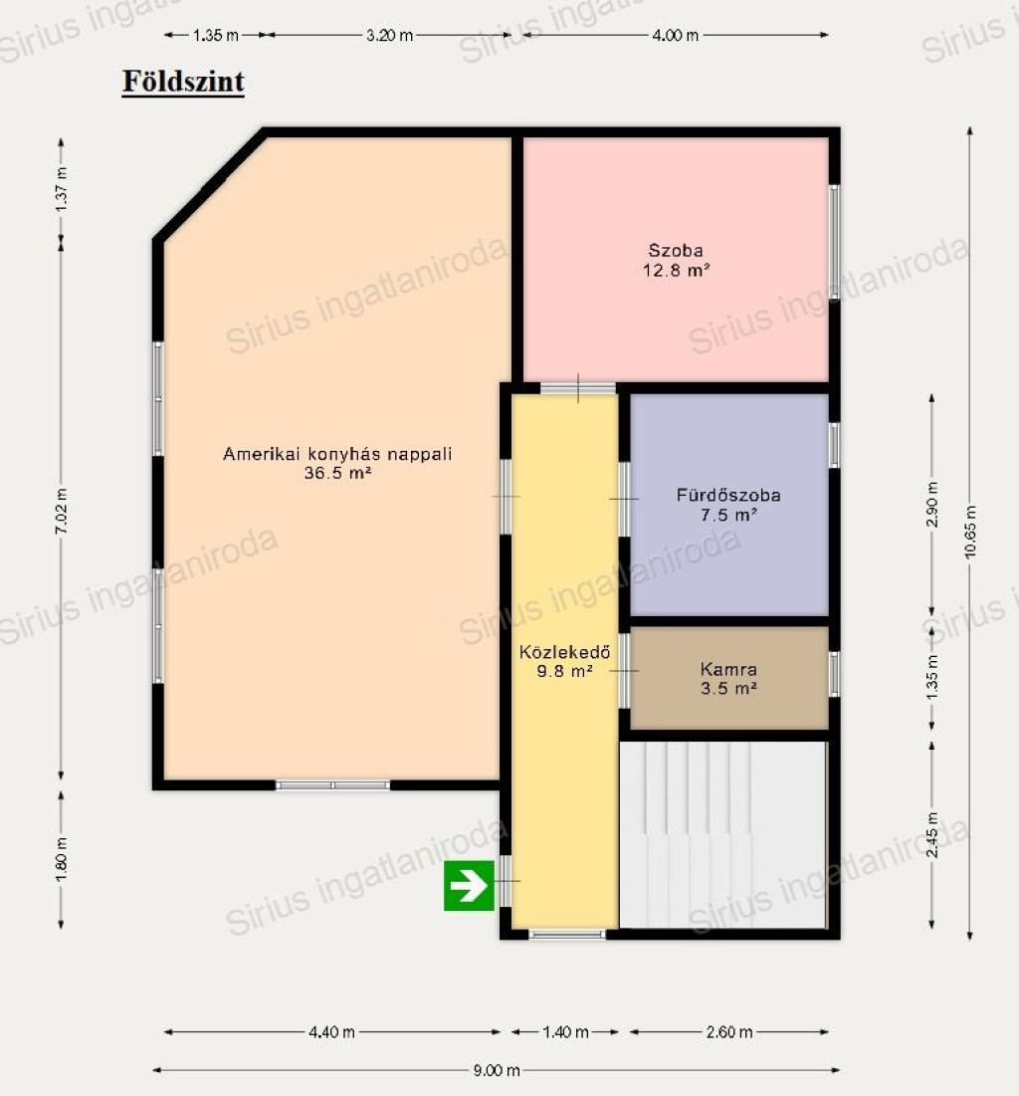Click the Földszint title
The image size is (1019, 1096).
183,81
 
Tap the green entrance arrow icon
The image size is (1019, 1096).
469,886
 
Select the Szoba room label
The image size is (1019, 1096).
675,250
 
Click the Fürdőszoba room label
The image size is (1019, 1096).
728,495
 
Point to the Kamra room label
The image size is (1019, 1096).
728,670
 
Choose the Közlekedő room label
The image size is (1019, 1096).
564,652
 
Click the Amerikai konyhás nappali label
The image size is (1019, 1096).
337,454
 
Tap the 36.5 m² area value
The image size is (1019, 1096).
337,473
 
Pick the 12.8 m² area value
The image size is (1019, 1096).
676,270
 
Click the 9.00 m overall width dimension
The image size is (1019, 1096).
497,1070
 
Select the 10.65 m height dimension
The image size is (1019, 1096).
970,532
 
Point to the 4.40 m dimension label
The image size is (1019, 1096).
332,1031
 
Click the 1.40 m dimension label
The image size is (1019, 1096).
565,1031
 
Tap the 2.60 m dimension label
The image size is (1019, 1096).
729,1031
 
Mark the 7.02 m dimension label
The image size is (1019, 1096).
62,512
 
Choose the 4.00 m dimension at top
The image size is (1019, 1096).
675,35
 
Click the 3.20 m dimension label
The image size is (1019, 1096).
389,35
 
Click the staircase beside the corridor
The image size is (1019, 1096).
722,834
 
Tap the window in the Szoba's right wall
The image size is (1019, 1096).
834,242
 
